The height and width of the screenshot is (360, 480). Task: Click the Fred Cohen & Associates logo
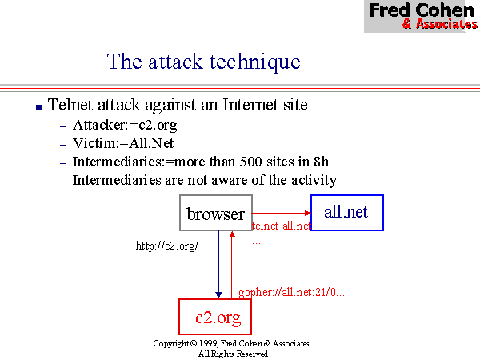422,16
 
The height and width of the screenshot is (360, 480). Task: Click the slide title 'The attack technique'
204,62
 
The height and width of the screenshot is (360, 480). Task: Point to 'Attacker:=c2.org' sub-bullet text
125,126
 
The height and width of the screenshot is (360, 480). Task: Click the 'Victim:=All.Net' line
123,144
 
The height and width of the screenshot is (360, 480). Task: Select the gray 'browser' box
215,214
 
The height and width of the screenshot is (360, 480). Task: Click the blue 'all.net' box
346,212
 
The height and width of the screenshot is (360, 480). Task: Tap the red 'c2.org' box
218,318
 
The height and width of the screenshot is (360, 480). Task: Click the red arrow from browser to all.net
281,214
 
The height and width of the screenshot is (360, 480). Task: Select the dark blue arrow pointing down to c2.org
218,265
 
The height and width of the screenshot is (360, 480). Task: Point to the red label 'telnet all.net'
281,226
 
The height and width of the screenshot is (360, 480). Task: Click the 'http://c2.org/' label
166,246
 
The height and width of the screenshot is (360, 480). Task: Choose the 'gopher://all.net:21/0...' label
291,293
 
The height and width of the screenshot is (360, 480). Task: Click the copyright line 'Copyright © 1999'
231,343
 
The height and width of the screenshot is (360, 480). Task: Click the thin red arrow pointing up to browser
231,265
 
